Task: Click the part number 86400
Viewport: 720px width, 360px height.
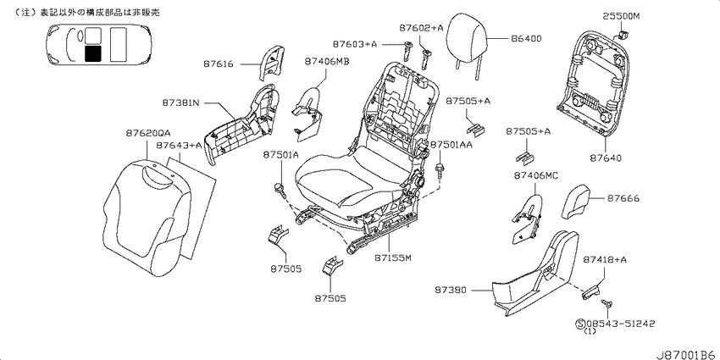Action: pyautogui.click(x=525, y=39)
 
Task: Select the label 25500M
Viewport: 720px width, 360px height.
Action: pyautogui.click(x=621, y=17)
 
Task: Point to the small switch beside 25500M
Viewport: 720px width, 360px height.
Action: pyautogui.click(x=623, y=35)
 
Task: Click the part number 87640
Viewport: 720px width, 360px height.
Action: pyautogui.click(x=606, y=158)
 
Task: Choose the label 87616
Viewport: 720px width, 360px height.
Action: pyautogui.click(x=218, y=64)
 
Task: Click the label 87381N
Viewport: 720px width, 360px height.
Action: pyautogui.click(x=180, y=103)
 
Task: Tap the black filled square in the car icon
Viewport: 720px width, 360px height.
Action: pyautogui.click(x=93, y=53)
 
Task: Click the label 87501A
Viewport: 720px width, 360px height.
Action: pyautogui.click(x=280, y=155)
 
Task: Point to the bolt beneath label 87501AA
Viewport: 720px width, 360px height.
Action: pyautogui.click(x=440, y=171)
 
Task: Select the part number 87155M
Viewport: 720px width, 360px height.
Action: pyautogui.click(x=391, y=258)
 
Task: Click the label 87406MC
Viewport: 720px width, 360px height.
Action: pyautogui.click(x=536, y=175)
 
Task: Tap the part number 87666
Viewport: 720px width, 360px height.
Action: pyautogui.click(x=623, y=198)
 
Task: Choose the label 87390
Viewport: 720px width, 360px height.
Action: pyautogui.click(x=451, y=291)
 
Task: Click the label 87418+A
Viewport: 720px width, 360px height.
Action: pyautogui.click(x=605, y=260)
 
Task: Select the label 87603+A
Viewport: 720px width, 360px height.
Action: pyautogui.click(x=355, y=44)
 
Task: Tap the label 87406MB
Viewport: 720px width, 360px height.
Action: pyautogui.click(x=326, y=61)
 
